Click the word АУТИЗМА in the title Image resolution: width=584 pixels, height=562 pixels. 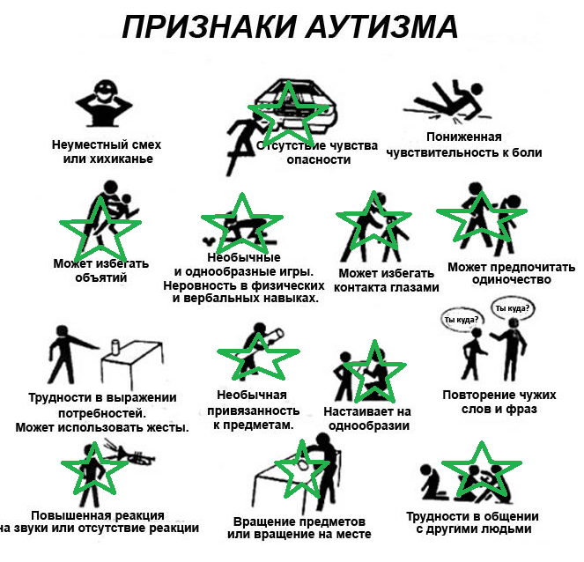(x=381, y=26)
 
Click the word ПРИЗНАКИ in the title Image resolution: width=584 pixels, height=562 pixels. (x=209, y=26)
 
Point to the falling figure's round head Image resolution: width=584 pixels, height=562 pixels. (x=476, y=89)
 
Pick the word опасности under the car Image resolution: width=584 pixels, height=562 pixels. (x=319, y=159)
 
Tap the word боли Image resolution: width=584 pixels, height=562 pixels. (x=527, y=152)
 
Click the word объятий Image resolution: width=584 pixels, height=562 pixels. (x=101, y=277)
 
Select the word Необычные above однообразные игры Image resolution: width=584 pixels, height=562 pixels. (x=244, y=257)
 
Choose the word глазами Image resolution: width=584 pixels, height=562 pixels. (x=414, y=287)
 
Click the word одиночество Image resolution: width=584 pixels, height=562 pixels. (x=512, y=280)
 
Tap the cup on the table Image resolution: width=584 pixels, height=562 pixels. (x=116, y=347)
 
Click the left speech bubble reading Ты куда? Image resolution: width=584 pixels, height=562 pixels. (x=461, y=320)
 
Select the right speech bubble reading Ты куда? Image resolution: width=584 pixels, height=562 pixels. (x=512, y=308)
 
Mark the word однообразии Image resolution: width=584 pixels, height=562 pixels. (x=369, y=425)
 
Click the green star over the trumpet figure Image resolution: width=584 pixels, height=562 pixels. (x=94, y=470)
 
